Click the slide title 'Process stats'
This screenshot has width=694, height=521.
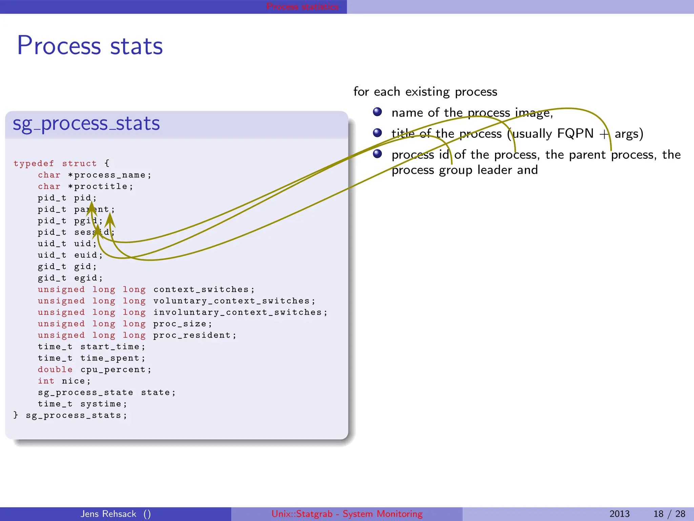coord(90,45)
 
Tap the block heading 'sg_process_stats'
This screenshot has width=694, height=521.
coord(86,123)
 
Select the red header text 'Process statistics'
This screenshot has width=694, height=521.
coord(302,6)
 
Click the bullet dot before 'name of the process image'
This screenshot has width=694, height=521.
coord(377,112)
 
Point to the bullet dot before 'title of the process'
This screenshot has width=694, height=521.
coord(377,133)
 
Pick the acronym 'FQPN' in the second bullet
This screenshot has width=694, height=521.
coord(575,134)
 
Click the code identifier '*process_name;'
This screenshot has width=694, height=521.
coord(109,175)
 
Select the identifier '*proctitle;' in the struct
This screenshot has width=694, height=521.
coord(100,187)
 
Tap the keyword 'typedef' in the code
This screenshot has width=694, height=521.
coord(34,163)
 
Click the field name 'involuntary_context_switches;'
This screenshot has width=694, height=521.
coord(240,312)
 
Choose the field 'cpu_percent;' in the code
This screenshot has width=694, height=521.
coord(116,370)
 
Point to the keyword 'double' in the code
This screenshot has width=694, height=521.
coord(55,370)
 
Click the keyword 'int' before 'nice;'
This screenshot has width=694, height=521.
coord(46,381)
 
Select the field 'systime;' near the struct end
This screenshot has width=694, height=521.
coord(103,404)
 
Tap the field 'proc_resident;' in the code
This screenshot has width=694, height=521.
coord(195,335)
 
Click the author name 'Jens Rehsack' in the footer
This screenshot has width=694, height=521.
coord(108,514)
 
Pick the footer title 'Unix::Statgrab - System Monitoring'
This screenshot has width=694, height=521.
coord(347,514)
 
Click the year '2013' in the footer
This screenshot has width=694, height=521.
coord(619,514)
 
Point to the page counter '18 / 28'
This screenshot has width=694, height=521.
coord(669,514)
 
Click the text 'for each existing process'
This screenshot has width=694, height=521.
coord(425,92)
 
